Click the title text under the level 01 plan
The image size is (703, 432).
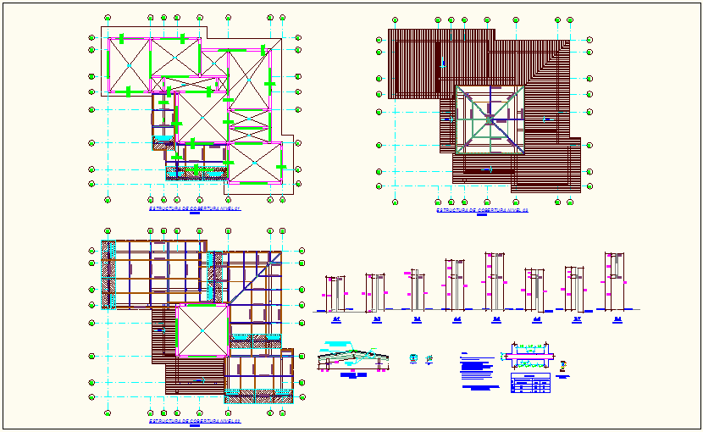tap(194, 208)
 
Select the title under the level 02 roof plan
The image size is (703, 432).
tap(481, 210)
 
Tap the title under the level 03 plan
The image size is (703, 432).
tap(194, 420)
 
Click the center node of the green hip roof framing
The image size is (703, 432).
tap(490, 119)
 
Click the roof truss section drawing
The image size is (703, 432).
tap(353, 359)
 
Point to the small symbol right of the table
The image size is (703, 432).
tap(564, 363)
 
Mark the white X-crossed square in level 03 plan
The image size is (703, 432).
tap(202, 331)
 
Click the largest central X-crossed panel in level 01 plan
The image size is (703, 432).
tap(201, 116)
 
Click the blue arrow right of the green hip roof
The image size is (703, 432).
tap(547, 119)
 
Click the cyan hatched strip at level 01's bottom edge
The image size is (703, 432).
tap(197, 173)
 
